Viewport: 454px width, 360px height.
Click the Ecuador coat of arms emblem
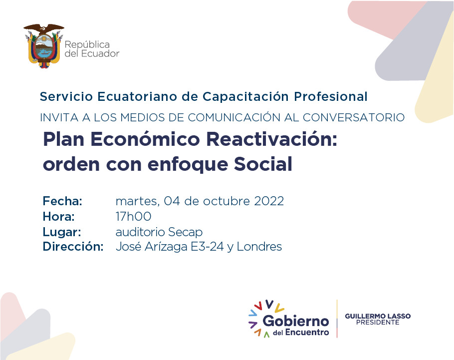coord(44,46)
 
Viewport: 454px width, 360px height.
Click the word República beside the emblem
coord(87,45)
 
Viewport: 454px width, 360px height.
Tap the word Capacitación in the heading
coord(245,97)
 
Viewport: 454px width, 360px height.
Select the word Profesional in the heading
coord(331,96)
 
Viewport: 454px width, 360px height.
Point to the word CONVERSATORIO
coord(354,117)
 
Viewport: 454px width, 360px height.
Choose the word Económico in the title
coord(145,139)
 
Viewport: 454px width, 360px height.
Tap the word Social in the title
coord(263,164)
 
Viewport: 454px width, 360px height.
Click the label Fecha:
coord(62,201)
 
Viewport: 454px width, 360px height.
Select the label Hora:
coord(59,217)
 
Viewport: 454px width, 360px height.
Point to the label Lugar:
coord(62,232)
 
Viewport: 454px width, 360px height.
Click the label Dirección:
coord(73,246)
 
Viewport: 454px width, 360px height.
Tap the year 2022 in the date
coord(269,201)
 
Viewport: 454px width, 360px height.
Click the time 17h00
coord(134,217)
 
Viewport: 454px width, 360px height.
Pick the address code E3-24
coord(207,247)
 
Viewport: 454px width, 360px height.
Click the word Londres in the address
coord(259,247)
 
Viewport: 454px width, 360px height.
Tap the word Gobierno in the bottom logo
coord(296,321)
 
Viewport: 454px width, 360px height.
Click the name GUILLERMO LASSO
coord(378,316)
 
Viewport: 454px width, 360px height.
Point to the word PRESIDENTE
coord(378,323)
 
